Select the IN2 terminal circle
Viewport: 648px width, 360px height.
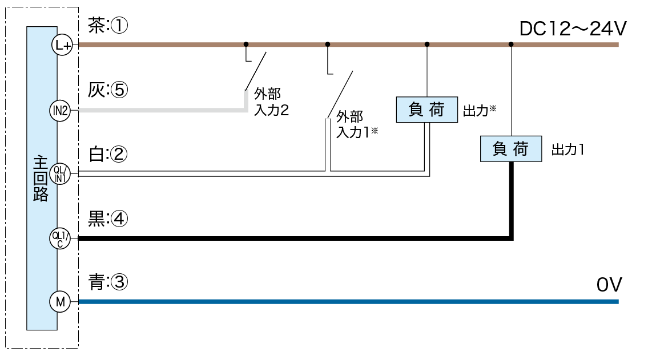[60, 110]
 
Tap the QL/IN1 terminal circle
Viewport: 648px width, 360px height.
[60, 173]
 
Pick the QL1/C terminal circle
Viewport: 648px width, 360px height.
[60, 238]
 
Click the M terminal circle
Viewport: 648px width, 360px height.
[60, 302]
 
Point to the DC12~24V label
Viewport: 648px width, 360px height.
[573, 28]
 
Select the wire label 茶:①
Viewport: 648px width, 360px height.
[108, 26]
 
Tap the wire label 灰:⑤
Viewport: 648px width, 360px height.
[108, 90]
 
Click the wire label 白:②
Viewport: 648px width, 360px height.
[108, 155]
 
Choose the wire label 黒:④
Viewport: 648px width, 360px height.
[108, 219]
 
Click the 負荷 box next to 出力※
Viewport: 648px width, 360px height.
[426, 110]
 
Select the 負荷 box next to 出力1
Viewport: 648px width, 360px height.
[511, 149]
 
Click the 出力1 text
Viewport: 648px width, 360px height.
[566, 150]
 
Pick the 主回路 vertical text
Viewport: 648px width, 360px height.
[41, 177]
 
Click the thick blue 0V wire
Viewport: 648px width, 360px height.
[343, 302]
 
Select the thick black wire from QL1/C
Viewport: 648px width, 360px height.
[285, 238]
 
